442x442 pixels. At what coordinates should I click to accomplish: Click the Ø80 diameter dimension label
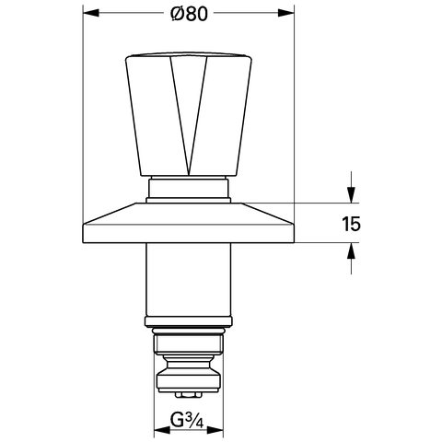coord(190,14)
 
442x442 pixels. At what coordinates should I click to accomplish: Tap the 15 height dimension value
coord(351,224)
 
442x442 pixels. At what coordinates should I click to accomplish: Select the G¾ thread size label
coord(187,421)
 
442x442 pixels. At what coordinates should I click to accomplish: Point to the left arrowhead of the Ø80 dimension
coord(91,13)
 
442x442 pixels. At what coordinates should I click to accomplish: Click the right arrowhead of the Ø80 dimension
coord(285,13)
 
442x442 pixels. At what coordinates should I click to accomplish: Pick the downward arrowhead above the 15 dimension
coord(351,195)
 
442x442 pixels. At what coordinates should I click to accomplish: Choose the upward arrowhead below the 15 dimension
coord(351,250)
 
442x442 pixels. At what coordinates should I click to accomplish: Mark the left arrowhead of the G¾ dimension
coord(162,430)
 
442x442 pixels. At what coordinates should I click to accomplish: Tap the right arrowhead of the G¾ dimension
coord(215,430)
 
